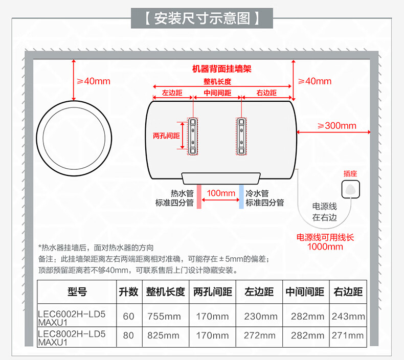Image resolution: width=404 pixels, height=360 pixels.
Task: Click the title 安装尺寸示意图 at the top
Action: pyautogui.click(x=202, y=18)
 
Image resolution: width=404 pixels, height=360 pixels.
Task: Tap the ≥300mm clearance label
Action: pyautogui.click(x=337, y=126)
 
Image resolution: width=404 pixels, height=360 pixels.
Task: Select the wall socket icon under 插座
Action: pyautogui.click(x=350, y=189)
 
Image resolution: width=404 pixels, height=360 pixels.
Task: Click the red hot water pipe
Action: pyautogui.click(x=199, y=196)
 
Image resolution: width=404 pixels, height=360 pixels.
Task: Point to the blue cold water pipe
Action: pyautogui.click(x=241, y=196)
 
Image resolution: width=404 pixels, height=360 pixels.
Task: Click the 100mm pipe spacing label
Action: pyautogui.click(x=221, y=193)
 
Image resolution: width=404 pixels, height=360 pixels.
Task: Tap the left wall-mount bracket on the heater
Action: pyautogui.click(x=193, y=137)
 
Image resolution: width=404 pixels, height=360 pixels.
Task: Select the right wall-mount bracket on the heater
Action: pyautogui.click(x=241, y=137)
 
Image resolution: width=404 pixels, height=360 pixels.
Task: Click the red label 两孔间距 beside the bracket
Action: pyautogui.click(x=166, y=136)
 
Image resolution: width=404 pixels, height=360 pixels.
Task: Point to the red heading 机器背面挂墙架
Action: pyautogui.click(x=221, y=69)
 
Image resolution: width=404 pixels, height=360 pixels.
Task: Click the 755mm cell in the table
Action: pyautogui.click(x=164, y=316)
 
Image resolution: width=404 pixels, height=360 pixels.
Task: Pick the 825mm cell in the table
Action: pyautogui.click(x=163, y=335)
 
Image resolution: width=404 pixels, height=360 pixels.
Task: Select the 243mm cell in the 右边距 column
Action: pyautogui.click(x=348, y=316)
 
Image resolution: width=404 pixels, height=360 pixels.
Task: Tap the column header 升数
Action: pyautogui.click(x=128, y=291)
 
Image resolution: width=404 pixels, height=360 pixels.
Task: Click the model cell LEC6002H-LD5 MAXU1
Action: pyautogui.click(x=72, y=318)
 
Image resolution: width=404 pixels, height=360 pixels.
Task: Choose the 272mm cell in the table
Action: pyautogui.click(x=260, y=335)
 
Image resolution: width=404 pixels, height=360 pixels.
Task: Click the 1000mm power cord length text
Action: pyautogui.click(x=325, y=246)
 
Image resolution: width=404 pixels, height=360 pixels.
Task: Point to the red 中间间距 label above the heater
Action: pyautogui.click(x=217, y=93)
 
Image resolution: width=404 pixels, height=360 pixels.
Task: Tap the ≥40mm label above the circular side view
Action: pyautogui.click(x=94, y=81)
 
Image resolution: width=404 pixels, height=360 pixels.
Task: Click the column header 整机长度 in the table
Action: pyautogui.click(x=165, y=291)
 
